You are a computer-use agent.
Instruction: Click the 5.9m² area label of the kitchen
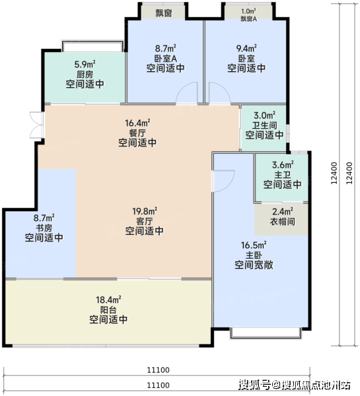pyautogui.click(x=85, y=64)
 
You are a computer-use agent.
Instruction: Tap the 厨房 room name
pyautogui.click(x=85, y=74)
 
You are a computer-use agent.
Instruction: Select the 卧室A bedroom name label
pyautogui.click(x=166, y=59)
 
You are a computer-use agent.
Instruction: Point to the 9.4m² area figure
pyautogui.click(x=246, y=48)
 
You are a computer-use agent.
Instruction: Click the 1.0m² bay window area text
pyautogui.click(x=248, y=11)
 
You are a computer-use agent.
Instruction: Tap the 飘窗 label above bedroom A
pyautogui.click(x=164, y=13)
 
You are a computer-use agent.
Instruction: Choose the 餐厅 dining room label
pyautogui.click(x=137, y=133)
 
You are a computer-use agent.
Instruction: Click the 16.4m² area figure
pyautogui.click(x=137, y=123)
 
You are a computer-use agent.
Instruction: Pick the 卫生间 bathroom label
pyautogui.click(x=264, y=125)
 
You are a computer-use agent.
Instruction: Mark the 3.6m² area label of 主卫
pyautogui.click(x=283, y=165)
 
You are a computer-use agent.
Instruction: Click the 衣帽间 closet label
pyautogui.click(x=283, y=222)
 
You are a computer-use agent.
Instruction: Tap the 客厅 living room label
pyautogui.click(x=145, y=221)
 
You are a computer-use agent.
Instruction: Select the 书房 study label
pyautogui.click(x=44, y=228)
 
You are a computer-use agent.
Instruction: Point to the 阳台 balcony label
pyautogui.click(x=108, y=310)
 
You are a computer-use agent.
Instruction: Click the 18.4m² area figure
pyautogui.click(x=108, y=300)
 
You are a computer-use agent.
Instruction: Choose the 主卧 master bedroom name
pyautogui.click(x=254, y=255)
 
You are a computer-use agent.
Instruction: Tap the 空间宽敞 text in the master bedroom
pyautogui.click(x=254, y=265)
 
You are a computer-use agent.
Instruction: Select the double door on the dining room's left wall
pyautogui.click(x=37, y=125)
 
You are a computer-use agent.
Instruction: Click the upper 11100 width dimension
pyautogui.click(x=159, y=370)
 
